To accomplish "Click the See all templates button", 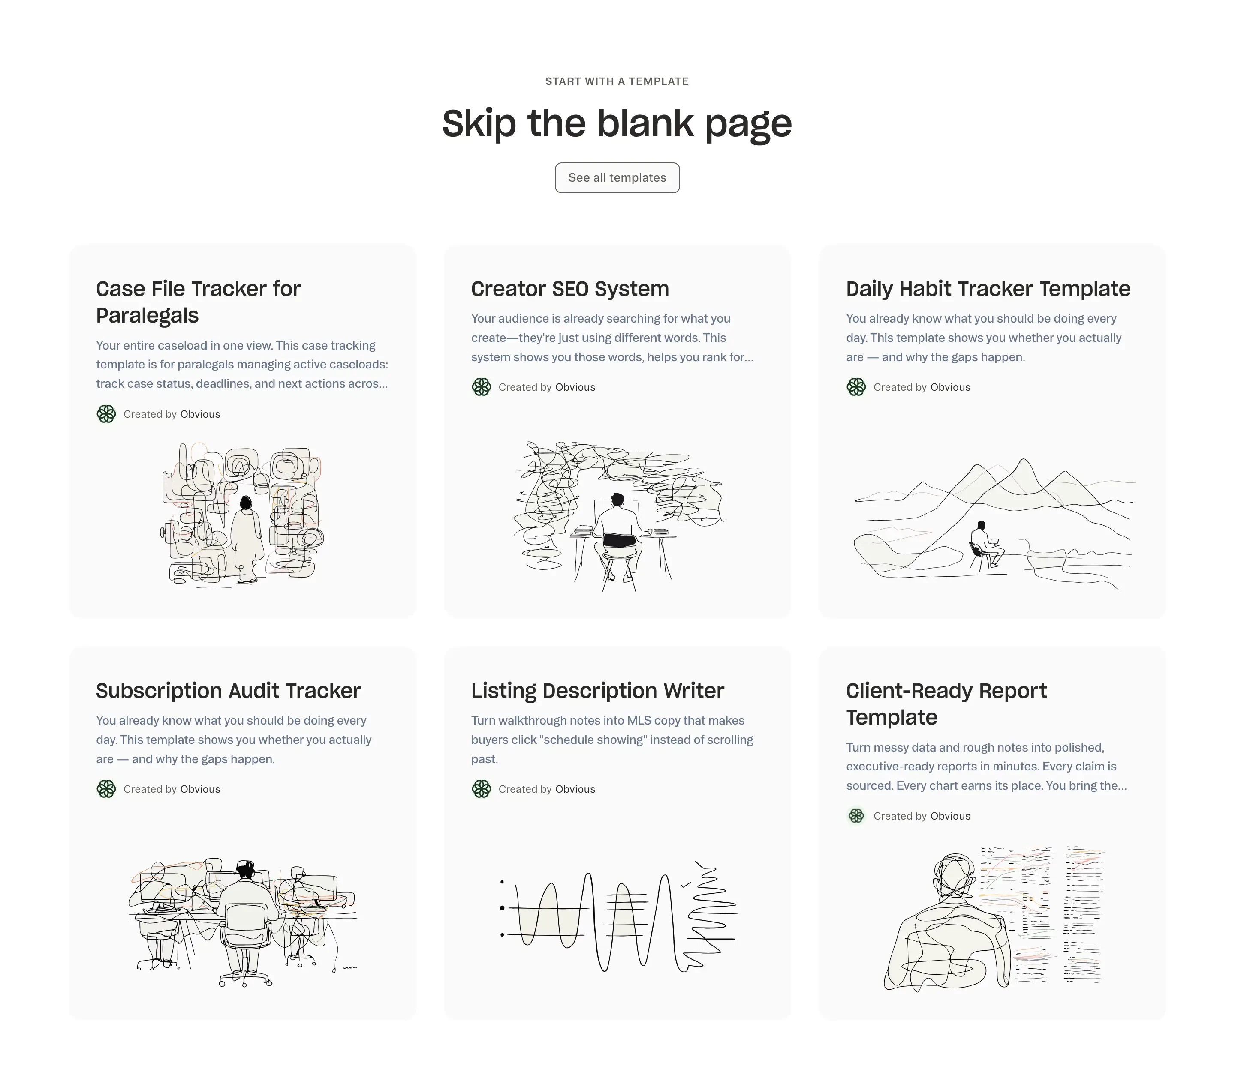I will pyautogui.click(x=617, y=178).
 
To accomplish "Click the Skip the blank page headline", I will pyautogui.click(x=617, y=124).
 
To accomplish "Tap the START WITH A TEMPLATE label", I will pyautogui.click(x=617, y=81).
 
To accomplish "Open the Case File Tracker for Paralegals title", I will pyautogui.click(x=198, y=302).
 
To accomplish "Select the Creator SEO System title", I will pyautogui.click(x=569, y=289).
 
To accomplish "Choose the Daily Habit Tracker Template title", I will pyautogui.click(x=988, y=289).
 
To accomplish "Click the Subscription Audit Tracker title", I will pyautogui.click(x=228, y=691).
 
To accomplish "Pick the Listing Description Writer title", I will pyautogui.click(x=597, y=691).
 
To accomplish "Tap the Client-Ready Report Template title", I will pyautogui.click(x=946, y=704).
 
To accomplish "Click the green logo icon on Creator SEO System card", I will pyautogui.click(x=481, y=387).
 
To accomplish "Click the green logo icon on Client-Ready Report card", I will pyautogui.click(x=856, y=816).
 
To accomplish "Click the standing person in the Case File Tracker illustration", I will pyautogui.click(x=246, y=536).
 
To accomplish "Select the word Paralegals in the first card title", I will pyautogui.click(x=147, y=315).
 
